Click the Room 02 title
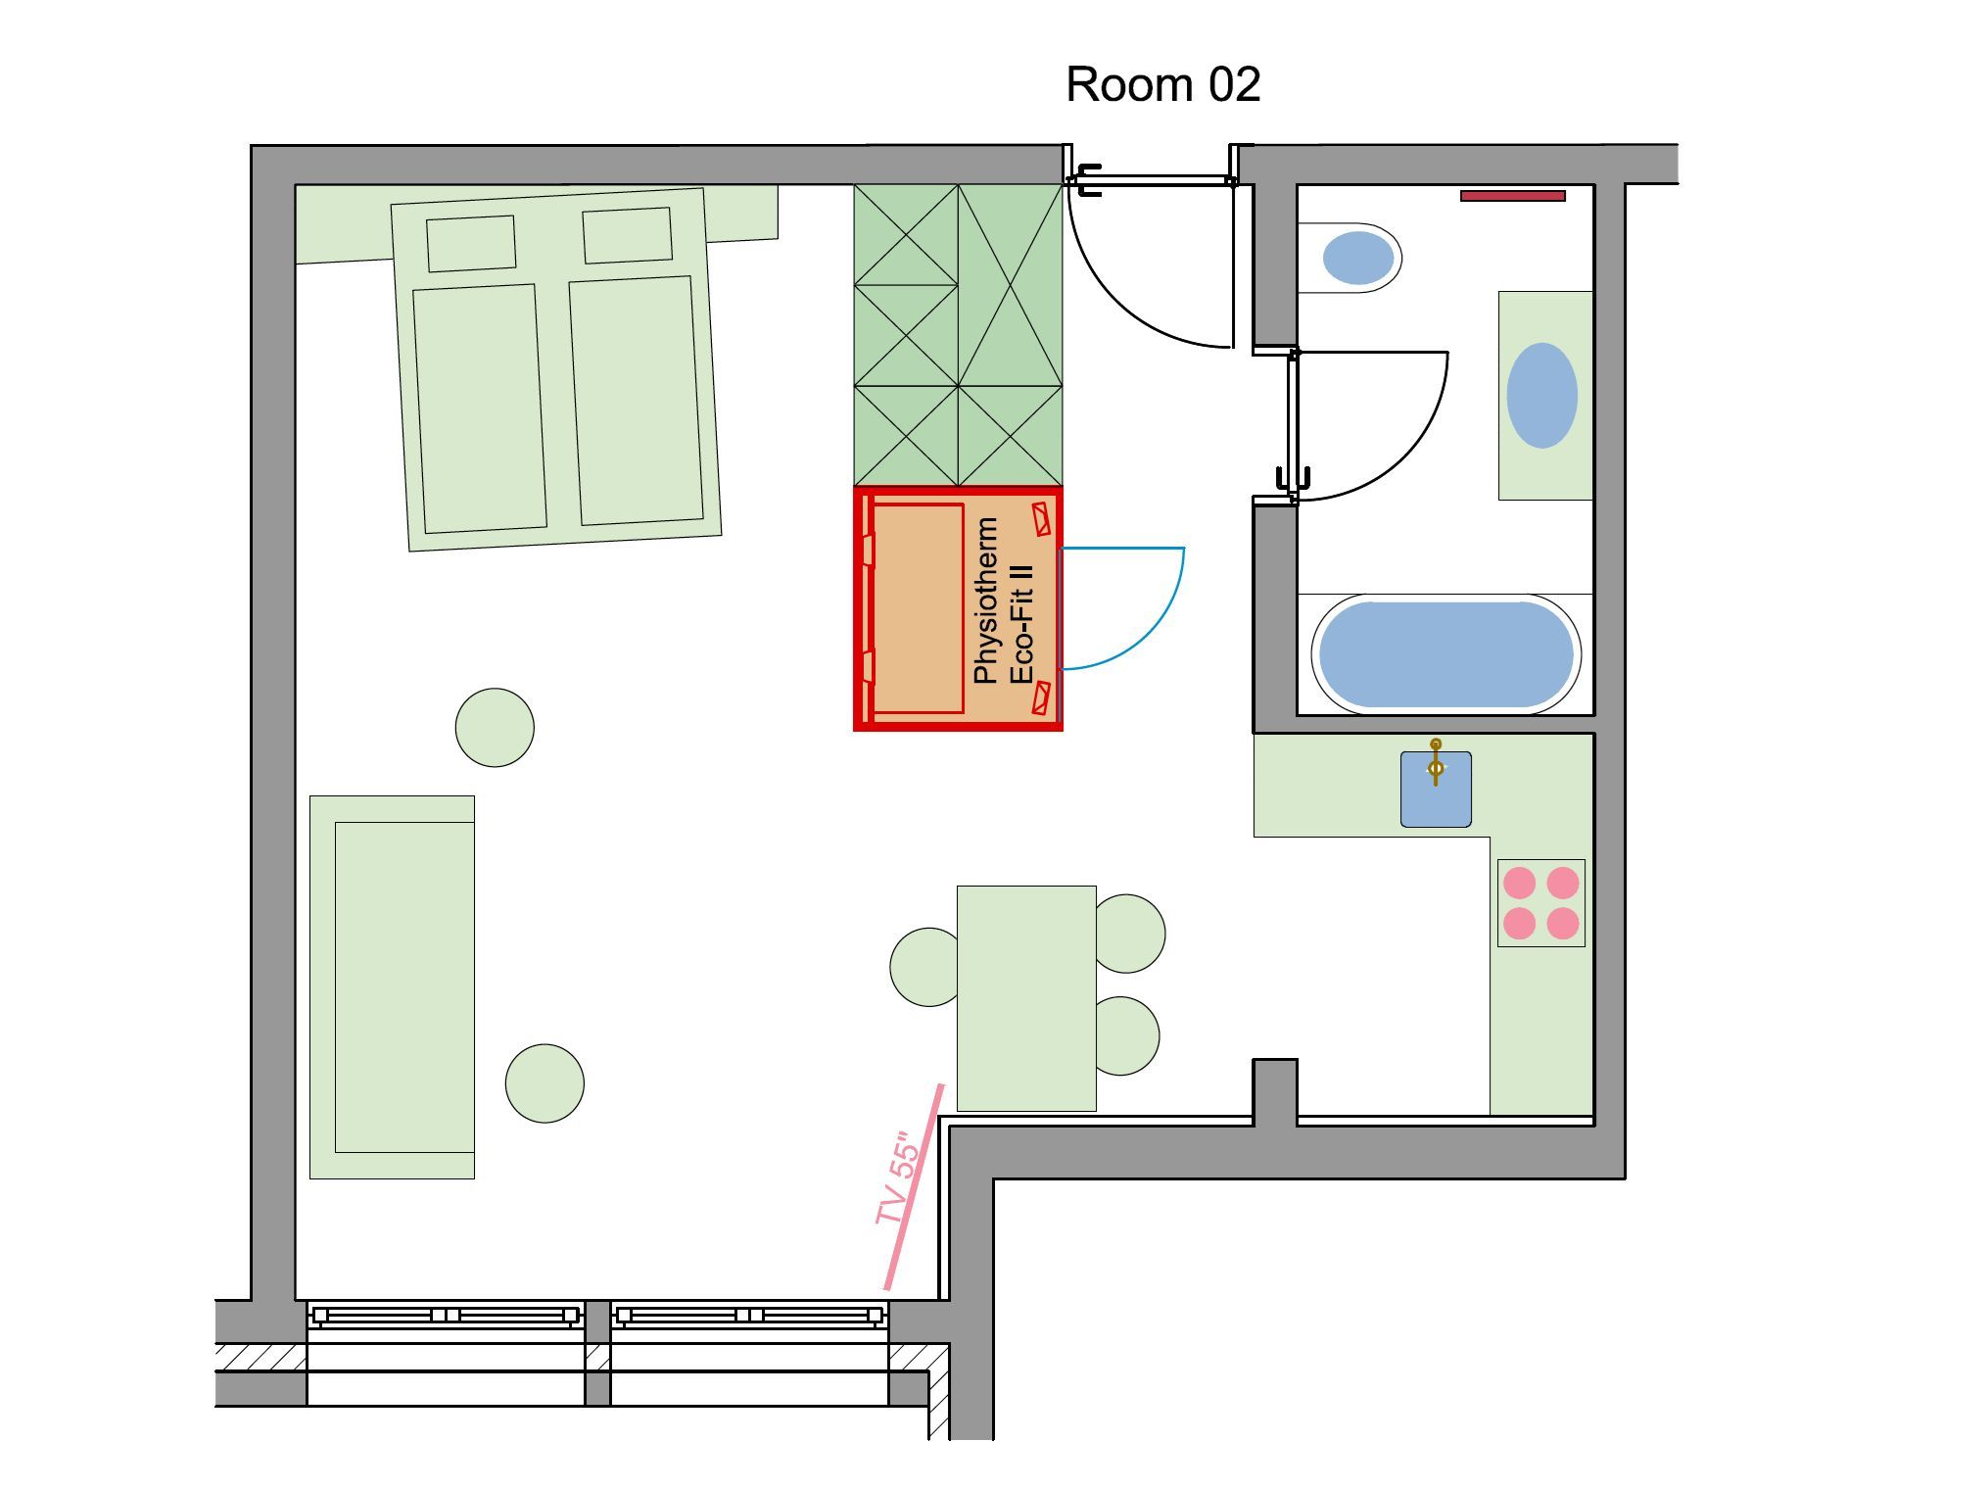tap(1162, 84)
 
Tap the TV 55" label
tap(900, 1179)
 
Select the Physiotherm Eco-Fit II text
tap(1003, 600)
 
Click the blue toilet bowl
tap(1357, 258)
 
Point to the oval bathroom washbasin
tap(1541, 396)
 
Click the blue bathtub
tap(1445, 654)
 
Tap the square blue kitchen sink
tap(1436, 790)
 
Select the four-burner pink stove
tap(1540, 903)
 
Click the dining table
tap(1026, 998)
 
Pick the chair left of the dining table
tap(924, 967)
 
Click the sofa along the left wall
tap(392, 986)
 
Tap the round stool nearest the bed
tap(495, 727)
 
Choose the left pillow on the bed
tap(471, 244)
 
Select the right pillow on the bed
tap(628, 236)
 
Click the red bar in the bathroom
tap(1512, 196)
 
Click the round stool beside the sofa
tap(544, 1082)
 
